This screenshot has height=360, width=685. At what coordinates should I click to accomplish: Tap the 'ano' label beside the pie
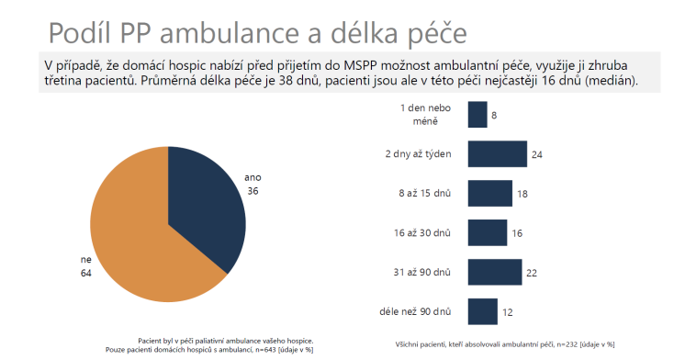[252, 175]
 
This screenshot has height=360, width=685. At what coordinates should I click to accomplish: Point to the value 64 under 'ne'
[86, 273]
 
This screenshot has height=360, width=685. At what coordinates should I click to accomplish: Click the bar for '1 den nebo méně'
[477, 115]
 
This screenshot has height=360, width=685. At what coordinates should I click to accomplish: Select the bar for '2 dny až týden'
[497, 154]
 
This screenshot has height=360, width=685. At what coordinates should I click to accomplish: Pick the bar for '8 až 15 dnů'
[489, 194]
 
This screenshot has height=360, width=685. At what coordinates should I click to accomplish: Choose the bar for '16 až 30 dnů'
[487, 233]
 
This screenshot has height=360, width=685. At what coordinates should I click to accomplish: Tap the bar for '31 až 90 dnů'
[495, 273]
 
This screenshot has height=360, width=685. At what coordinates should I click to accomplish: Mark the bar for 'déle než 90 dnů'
[482, 312]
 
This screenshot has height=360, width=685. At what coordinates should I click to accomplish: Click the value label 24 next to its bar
[537, 154]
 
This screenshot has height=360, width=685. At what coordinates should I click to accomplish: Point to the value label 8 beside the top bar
[494, 115]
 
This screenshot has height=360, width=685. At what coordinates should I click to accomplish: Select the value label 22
[532, 273]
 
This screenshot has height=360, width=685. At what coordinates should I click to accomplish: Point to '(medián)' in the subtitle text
[610, 82]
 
